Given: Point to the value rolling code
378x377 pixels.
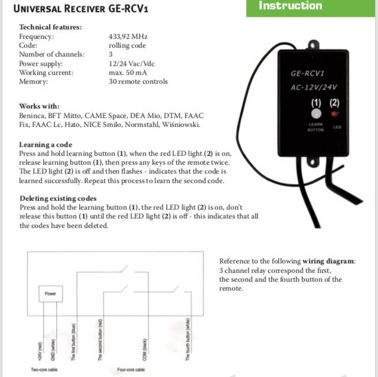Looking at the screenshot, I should click(x=127, y=45).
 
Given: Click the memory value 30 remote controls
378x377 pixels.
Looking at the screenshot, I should click(x=138, y=82).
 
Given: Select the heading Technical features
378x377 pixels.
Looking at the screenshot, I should click(x=50, y=27).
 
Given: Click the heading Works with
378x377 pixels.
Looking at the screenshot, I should click(x=39, y=106).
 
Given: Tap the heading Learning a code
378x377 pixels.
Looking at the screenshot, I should click(x=45, y=145).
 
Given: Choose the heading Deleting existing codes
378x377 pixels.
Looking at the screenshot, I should click(x=58, y=199).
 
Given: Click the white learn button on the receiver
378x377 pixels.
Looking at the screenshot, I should click(x=316, y=113).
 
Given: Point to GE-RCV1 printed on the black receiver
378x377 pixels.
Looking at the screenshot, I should click(x=307, y=74).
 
